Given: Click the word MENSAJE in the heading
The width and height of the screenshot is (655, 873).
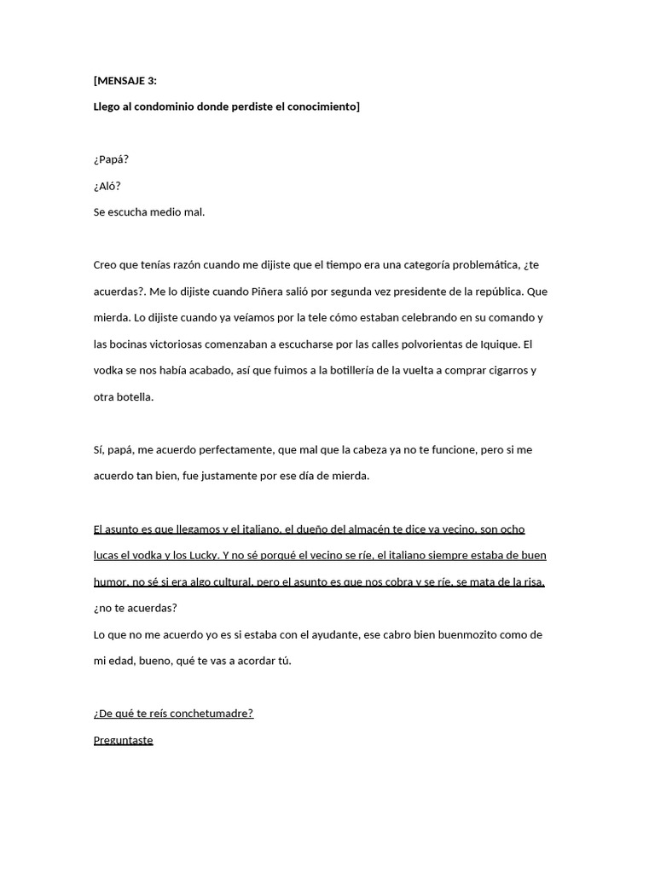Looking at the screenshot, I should [x=125, y=81].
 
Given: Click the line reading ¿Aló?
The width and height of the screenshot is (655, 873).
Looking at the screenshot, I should [x=107, y=186].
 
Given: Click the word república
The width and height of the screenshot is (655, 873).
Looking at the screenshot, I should [x=497, y=292].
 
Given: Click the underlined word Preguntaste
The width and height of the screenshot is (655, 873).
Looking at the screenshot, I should [x=123, y=740].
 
